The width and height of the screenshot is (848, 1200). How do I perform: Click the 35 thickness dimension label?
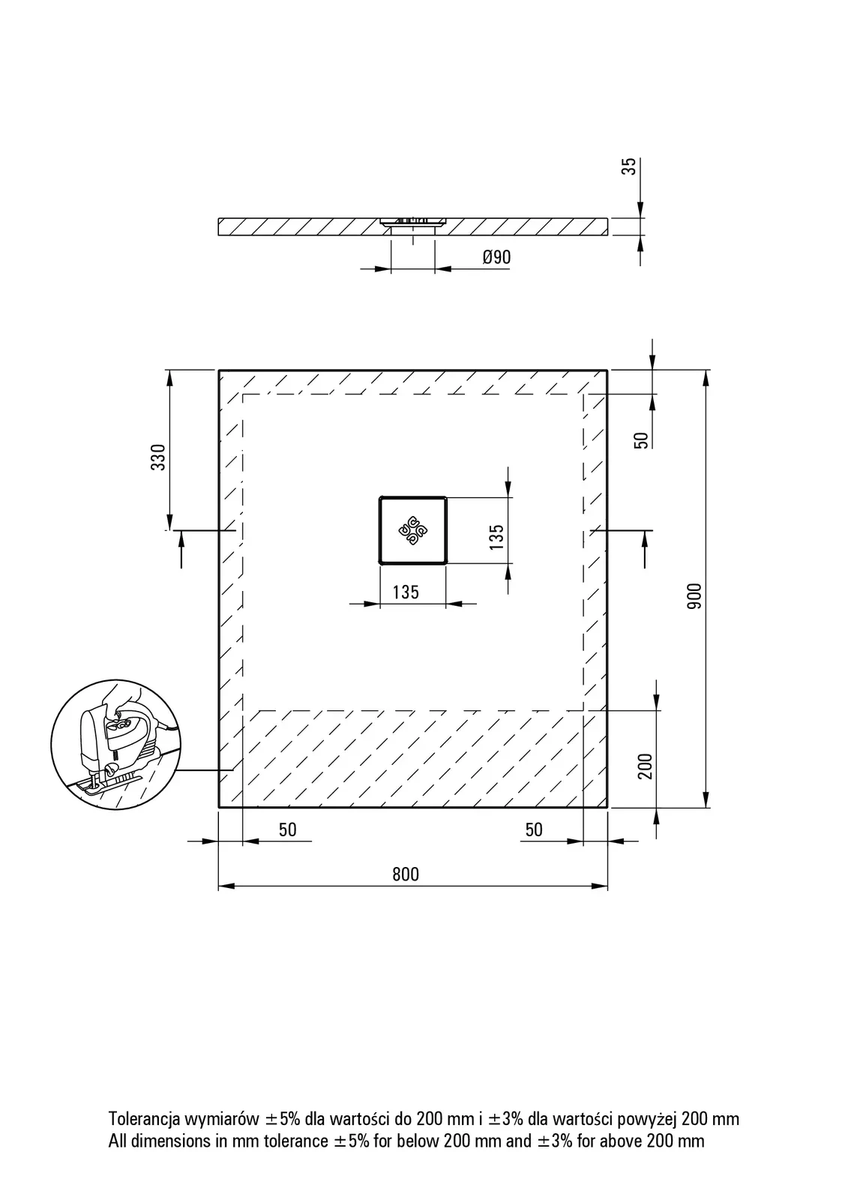[631, 166]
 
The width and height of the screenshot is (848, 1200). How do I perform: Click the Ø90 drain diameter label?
[496, 257]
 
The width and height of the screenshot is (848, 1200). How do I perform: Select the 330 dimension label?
[158, 457]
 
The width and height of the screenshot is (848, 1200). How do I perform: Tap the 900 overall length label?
[694, 595]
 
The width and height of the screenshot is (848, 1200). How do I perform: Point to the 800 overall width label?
[406, 874]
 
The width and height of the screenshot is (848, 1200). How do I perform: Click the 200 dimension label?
[646, 766]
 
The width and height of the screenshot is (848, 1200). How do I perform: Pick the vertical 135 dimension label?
[496, 537]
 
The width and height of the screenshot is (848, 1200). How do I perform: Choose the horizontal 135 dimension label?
[406, 592]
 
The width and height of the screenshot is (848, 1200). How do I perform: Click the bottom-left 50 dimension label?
[288, 829]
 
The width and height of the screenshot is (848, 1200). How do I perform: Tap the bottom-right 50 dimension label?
[534, 829]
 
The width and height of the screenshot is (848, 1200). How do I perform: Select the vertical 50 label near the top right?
[641, 440]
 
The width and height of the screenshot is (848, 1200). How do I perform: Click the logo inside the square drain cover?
[412, 530]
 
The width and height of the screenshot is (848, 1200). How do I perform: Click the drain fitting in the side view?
[412, 223]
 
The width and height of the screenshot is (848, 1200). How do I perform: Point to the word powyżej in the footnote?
[648, 1120]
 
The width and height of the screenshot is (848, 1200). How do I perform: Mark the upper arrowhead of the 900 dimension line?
[706, 378]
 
